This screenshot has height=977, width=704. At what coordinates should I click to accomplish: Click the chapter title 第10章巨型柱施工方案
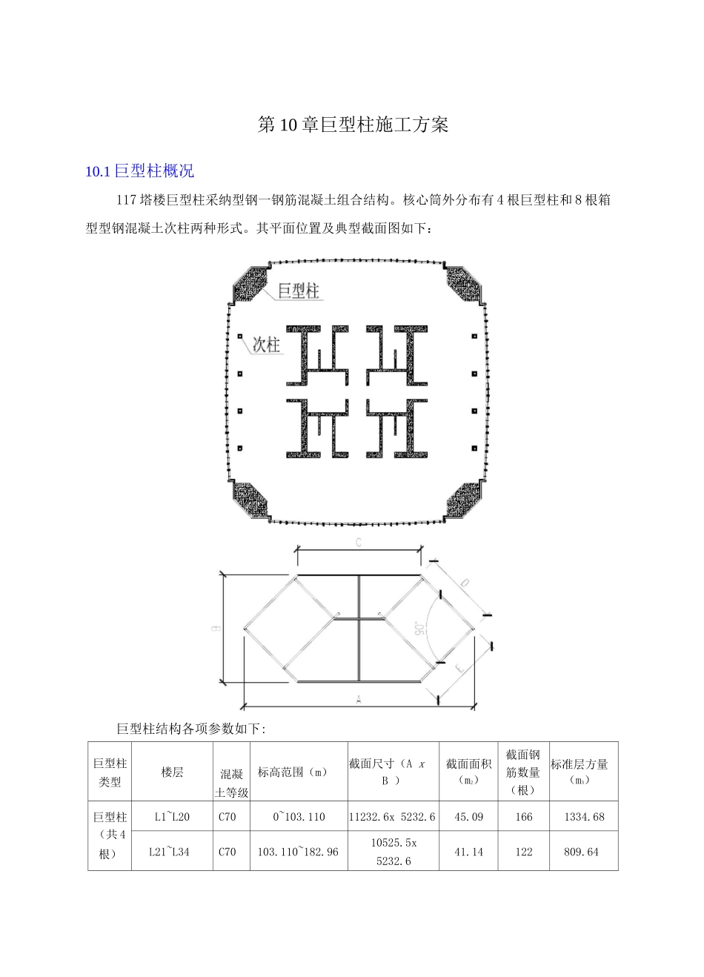353,125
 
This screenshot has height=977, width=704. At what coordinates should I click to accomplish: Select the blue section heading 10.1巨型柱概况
140,172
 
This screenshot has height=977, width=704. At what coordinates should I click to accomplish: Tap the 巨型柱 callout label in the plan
298,291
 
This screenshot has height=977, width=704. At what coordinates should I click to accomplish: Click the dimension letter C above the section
358,543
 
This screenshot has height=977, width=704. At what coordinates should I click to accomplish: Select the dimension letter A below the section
359,698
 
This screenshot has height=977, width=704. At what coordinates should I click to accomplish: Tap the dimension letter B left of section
215,628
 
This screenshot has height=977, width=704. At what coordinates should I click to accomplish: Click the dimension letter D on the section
464,583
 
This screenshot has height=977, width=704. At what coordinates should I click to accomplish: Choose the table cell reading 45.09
468,817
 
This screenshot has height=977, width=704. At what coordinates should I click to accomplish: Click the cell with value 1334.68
584,817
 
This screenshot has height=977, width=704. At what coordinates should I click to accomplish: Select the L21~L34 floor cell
169,852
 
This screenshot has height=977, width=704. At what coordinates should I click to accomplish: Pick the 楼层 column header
172,772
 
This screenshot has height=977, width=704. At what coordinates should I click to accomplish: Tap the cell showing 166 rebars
523,817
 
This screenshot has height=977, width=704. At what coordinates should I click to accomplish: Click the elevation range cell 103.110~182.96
298,852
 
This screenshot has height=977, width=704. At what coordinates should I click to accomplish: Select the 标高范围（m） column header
293,772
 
